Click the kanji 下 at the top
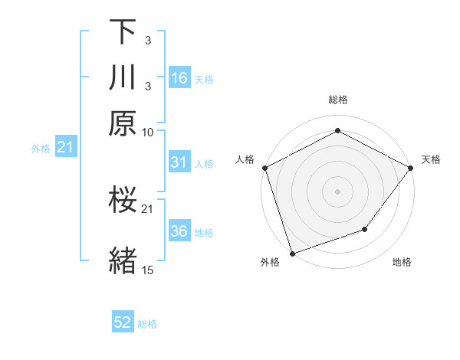[x=123, y=32]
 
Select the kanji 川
[x=123, y=77]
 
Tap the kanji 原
[x=123, y=123]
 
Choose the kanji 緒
[x=123, y=259]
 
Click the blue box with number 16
[x=179, y=78]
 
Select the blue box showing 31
[x=179, y=162]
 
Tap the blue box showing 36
[x=179, y=231]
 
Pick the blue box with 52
[x=123, y=323]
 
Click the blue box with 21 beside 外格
[x=65, y=147]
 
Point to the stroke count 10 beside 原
[x=148, y=132]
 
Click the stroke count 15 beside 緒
[x=148, y=270]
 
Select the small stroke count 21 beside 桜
[x=148, y=208]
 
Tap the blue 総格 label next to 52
[x=147, y=324]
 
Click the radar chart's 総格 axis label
[x=337, y=100]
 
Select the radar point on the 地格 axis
[x=365, y=229]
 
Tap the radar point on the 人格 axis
[x=264, y=167]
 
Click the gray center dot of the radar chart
[x=337, y=191]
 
